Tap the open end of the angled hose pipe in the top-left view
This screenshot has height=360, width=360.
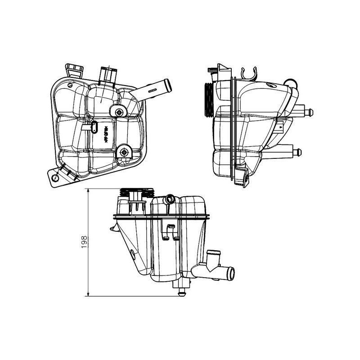tap(167, 83)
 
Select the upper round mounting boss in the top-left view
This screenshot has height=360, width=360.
tap(119, 112)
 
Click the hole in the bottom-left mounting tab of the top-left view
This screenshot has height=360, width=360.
tap(55, 179)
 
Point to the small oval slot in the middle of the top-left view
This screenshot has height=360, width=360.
tap(94, 127)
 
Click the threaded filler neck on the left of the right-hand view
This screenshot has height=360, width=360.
tap(209, 100)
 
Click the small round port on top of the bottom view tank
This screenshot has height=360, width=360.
tap(170, 198)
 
